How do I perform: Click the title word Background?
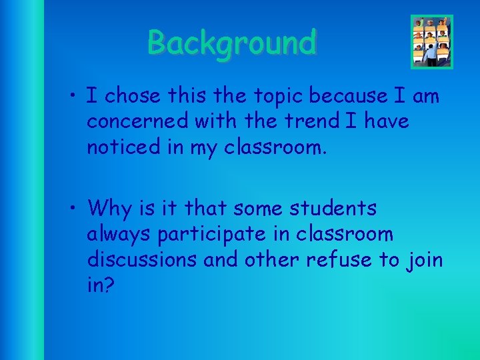click(x=232, y=43)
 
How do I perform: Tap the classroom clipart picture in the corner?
click(x=431, y=41)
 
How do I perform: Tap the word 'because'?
click(x=345, y=97)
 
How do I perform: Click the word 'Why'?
click(x=111, y=209)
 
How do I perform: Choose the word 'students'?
click(x=333, y=209)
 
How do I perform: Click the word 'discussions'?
click(x=141, y=259)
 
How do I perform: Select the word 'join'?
click(x=425, y=260)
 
